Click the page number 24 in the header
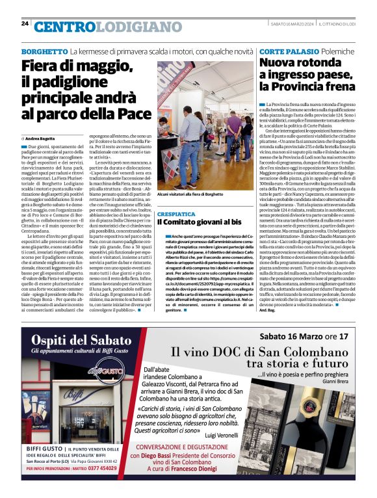24,23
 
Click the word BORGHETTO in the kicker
45,51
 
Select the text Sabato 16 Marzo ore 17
305,336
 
